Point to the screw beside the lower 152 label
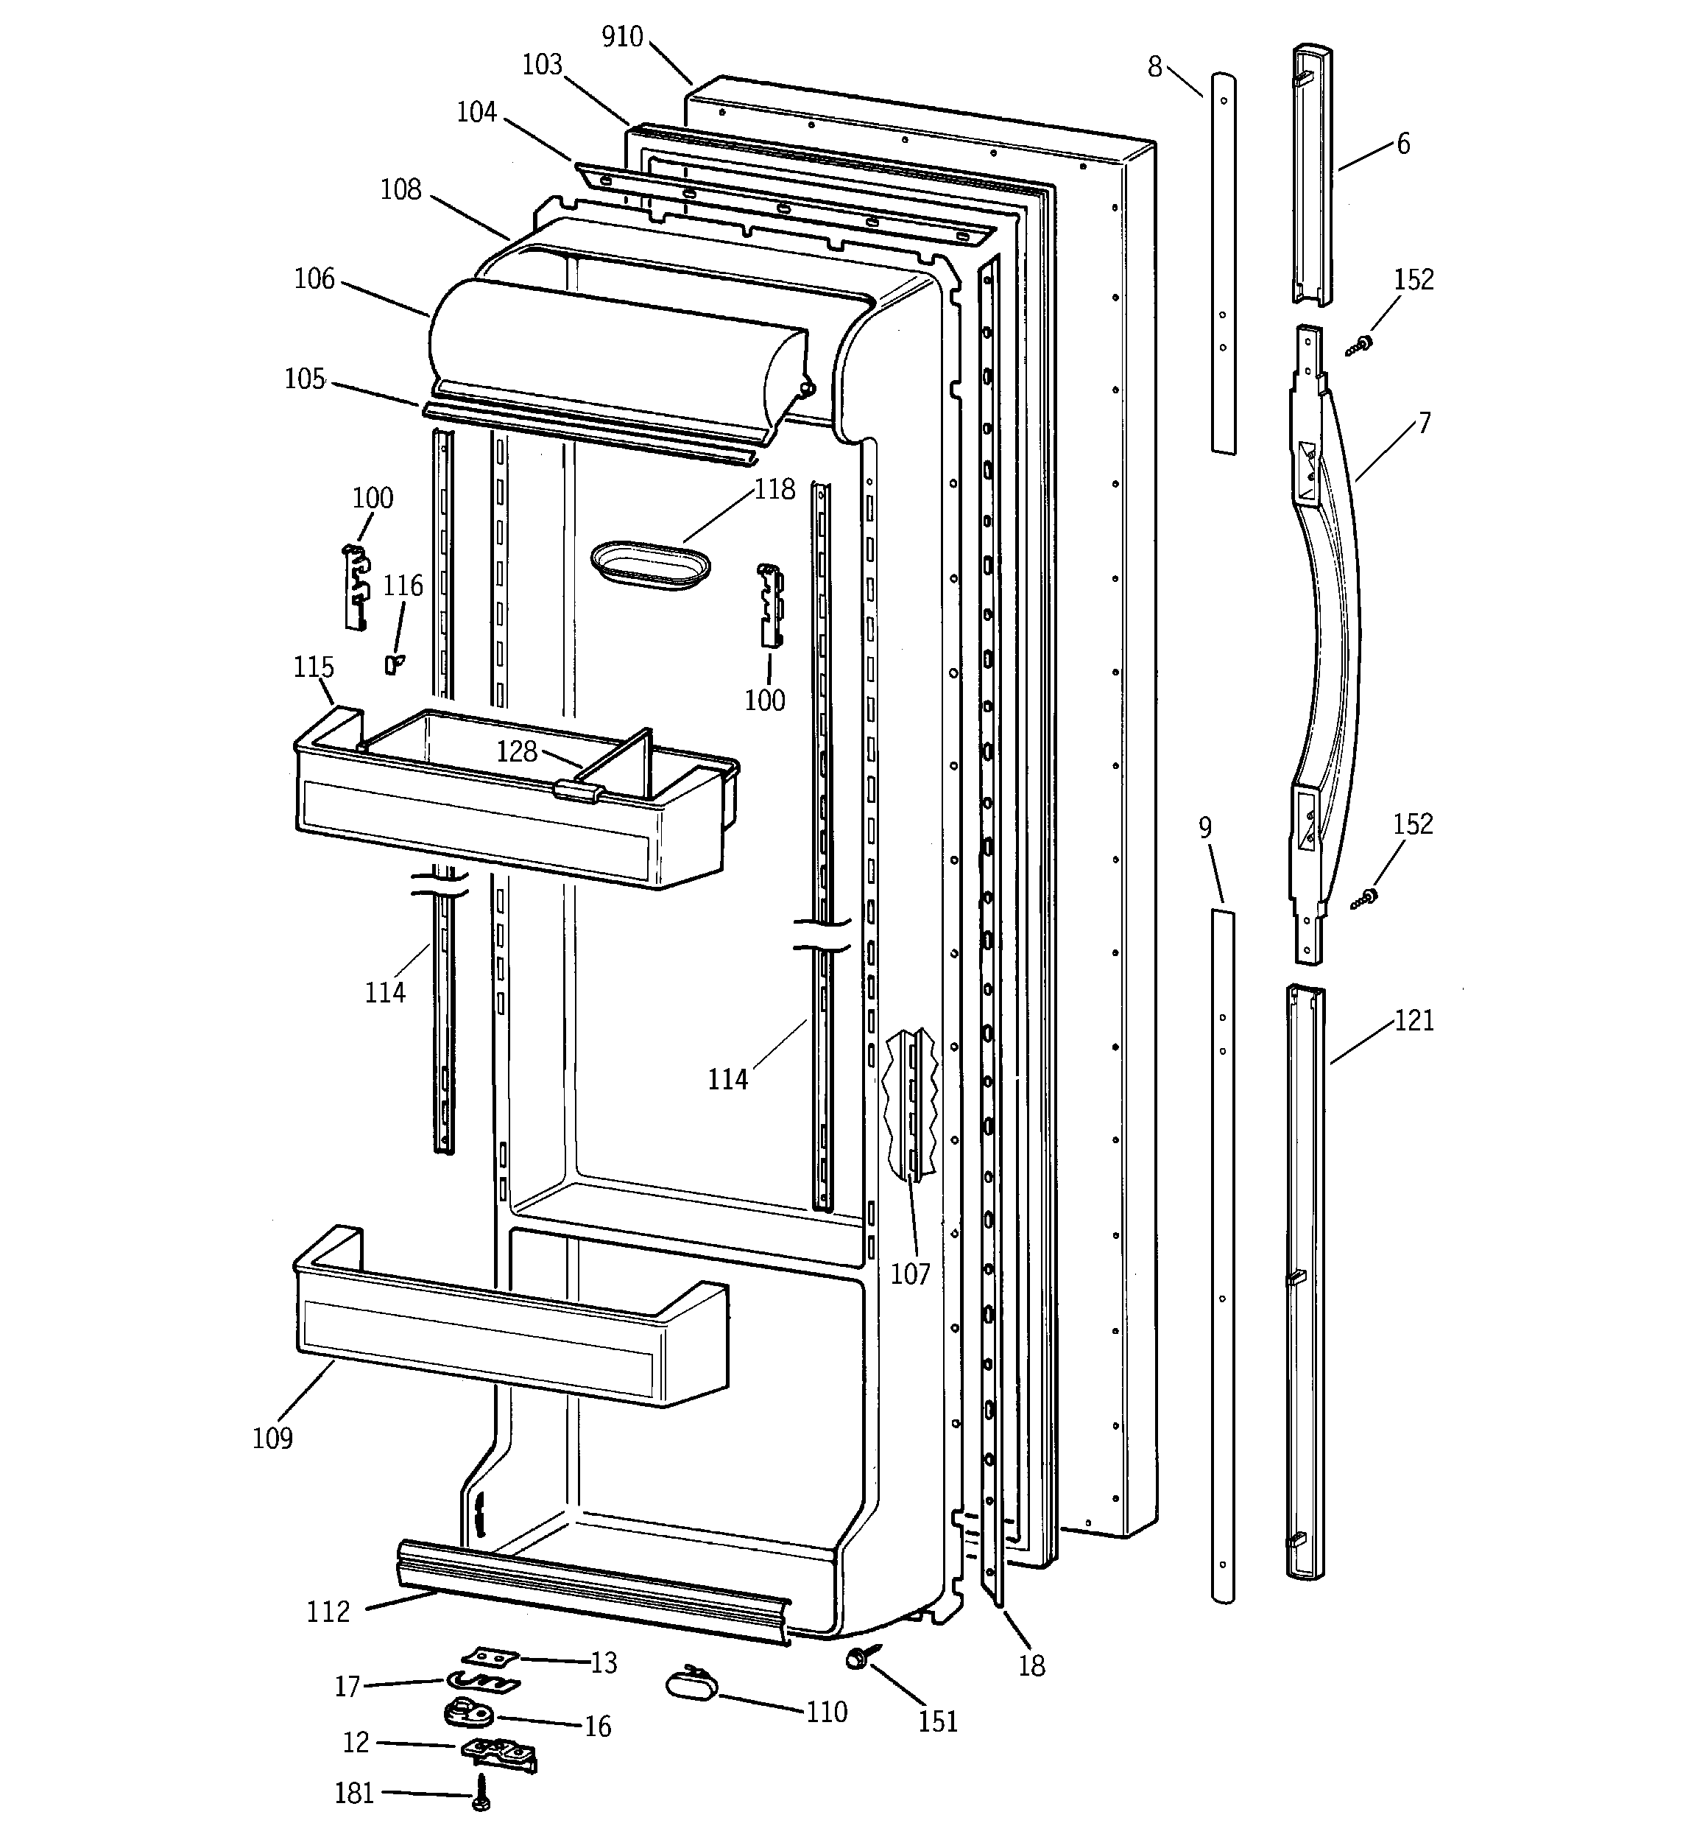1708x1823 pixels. click(1364, 899)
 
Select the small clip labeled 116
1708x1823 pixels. click(394, 663)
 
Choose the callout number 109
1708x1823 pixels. click(272, 1439)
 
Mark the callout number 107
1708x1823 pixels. click(911, 1274)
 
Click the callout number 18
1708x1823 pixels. click(1031, 1666)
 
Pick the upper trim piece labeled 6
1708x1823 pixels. click(1312, 175)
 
